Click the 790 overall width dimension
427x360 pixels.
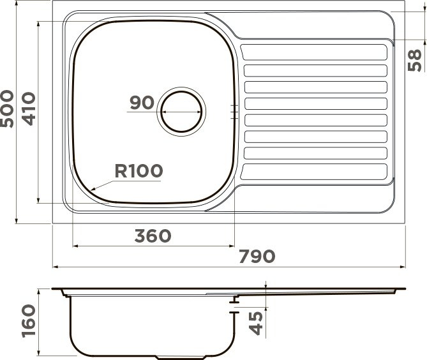pos(257,256)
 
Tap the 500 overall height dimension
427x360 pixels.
pos(7,109)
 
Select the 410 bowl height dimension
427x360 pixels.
pos(29,109)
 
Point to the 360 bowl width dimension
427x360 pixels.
pos(153,236)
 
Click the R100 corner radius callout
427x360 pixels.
pos(139,170)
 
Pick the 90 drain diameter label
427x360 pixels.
pos(142,102)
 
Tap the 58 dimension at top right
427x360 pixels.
pos(414,61)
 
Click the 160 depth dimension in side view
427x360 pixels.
pos(29,321)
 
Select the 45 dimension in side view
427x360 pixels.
pos(256,323)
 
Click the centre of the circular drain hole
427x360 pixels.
pos(181,112)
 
